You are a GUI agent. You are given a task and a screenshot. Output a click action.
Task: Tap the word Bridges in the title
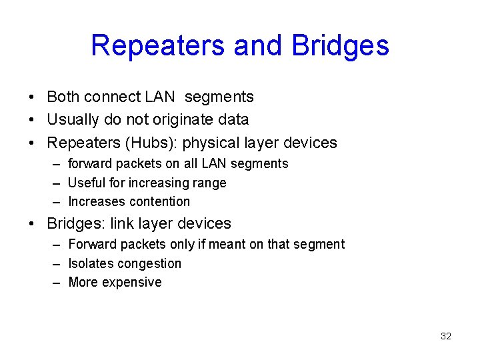340,45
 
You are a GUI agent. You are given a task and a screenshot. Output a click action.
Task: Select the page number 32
446,336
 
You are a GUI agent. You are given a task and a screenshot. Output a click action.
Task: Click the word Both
63,97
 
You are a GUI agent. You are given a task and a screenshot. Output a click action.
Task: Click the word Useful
87,183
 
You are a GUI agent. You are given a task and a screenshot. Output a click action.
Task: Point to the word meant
228,244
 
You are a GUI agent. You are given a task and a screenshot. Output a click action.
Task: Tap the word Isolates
90,263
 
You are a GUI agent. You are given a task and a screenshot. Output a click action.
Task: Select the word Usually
71,120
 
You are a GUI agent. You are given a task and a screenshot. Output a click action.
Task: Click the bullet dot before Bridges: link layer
32,224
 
